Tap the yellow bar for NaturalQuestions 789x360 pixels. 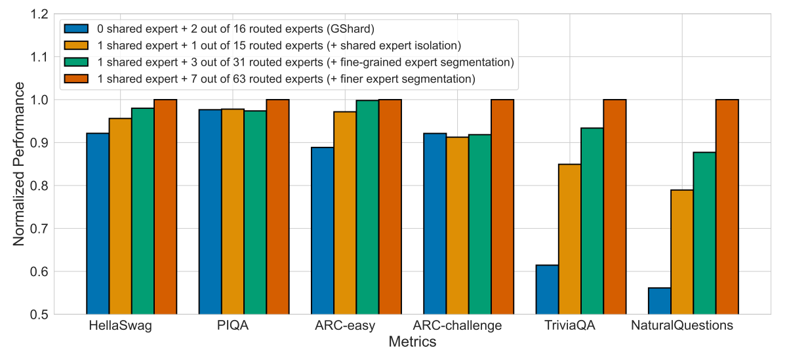(x=682, y=252)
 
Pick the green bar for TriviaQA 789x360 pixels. (x=592, y=221)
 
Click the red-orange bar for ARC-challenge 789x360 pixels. (x=502, y=207)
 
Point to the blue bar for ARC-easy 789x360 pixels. (x=323, y=231)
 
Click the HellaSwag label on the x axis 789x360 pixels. (x=121, y=326)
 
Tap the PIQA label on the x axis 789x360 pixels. (x=233, y=326)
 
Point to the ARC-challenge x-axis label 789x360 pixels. (x=457, y=326)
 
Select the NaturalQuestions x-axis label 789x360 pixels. (x=682, y=326)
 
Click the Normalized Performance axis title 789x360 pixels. (x=19, y=164)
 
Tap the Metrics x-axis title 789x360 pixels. (x=413, y=342)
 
